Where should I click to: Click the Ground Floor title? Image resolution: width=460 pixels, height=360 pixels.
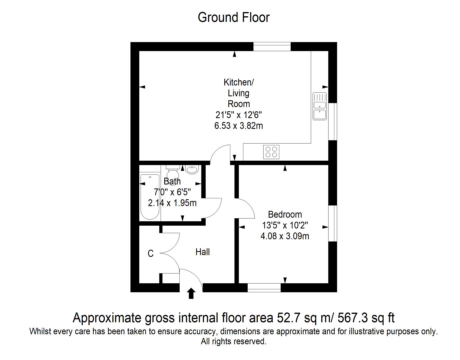click(233, 17)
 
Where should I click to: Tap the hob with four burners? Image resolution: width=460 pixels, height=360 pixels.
click(271, 152)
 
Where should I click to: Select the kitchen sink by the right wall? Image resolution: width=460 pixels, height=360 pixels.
click(320, 106)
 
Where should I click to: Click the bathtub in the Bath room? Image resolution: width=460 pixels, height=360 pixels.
click(150, 197)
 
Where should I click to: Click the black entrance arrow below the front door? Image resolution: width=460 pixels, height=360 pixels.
click(191, 293)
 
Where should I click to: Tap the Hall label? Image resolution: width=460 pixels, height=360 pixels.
click(203, 252)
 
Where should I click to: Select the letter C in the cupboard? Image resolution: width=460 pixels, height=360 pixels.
click(151, 254)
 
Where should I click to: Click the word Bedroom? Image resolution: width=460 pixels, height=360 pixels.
click(285, 215)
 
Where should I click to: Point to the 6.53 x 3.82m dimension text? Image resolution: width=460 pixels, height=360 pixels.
click(239, 126)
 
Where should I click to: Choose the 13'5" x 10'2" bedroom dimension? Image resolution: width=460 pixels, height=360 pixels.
click(285, 225)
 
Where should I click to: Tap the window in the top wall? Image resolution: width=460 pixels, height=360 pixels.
click(272, 47)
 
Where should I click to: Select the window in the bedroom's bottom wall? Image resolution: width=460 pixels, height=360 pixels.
click(264, 288)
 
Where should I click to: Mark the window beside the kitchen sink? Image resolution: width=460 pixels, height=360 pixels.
click(333, 121)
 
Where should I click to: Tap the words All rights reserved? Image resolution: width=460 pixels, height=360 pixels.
click(233, 341)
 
